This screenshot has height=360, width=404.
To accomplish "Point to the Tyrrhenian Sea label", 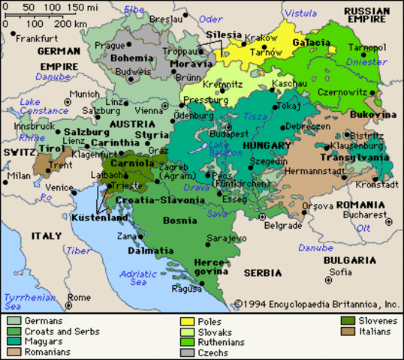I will [x=26, y=301].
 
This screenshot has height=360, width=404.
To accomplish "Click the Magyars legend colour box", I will [x=14, y=340].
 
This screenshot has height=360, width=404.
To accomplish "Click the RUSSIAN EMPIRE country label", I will [x=367, y=16].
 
